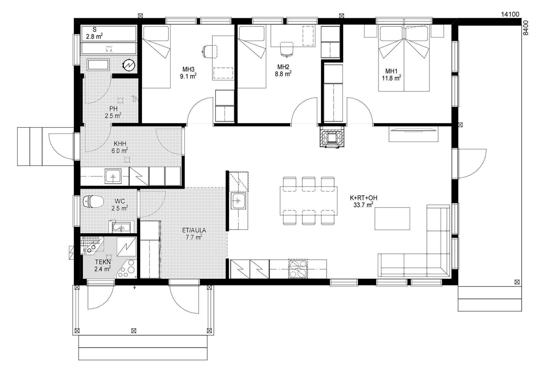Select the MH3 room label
click(188, 69)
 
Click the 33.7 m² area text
click(363, 205)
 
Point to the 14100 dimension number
click(510, 14)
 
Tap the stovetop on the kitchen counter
click(298, 269)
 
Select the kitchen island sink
click(238, 201)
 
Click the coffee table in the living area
click(392, 218)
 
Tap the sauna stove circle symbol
click(130, 65)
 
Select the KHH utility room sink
click(113, 176)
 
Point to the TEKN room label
click(103, 261)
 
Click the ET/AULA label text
click(194, 230)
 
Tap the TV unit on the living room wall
click(413, 134)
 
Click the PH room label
click(113, 109)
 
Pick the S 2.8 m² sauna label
click(94, 33)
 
